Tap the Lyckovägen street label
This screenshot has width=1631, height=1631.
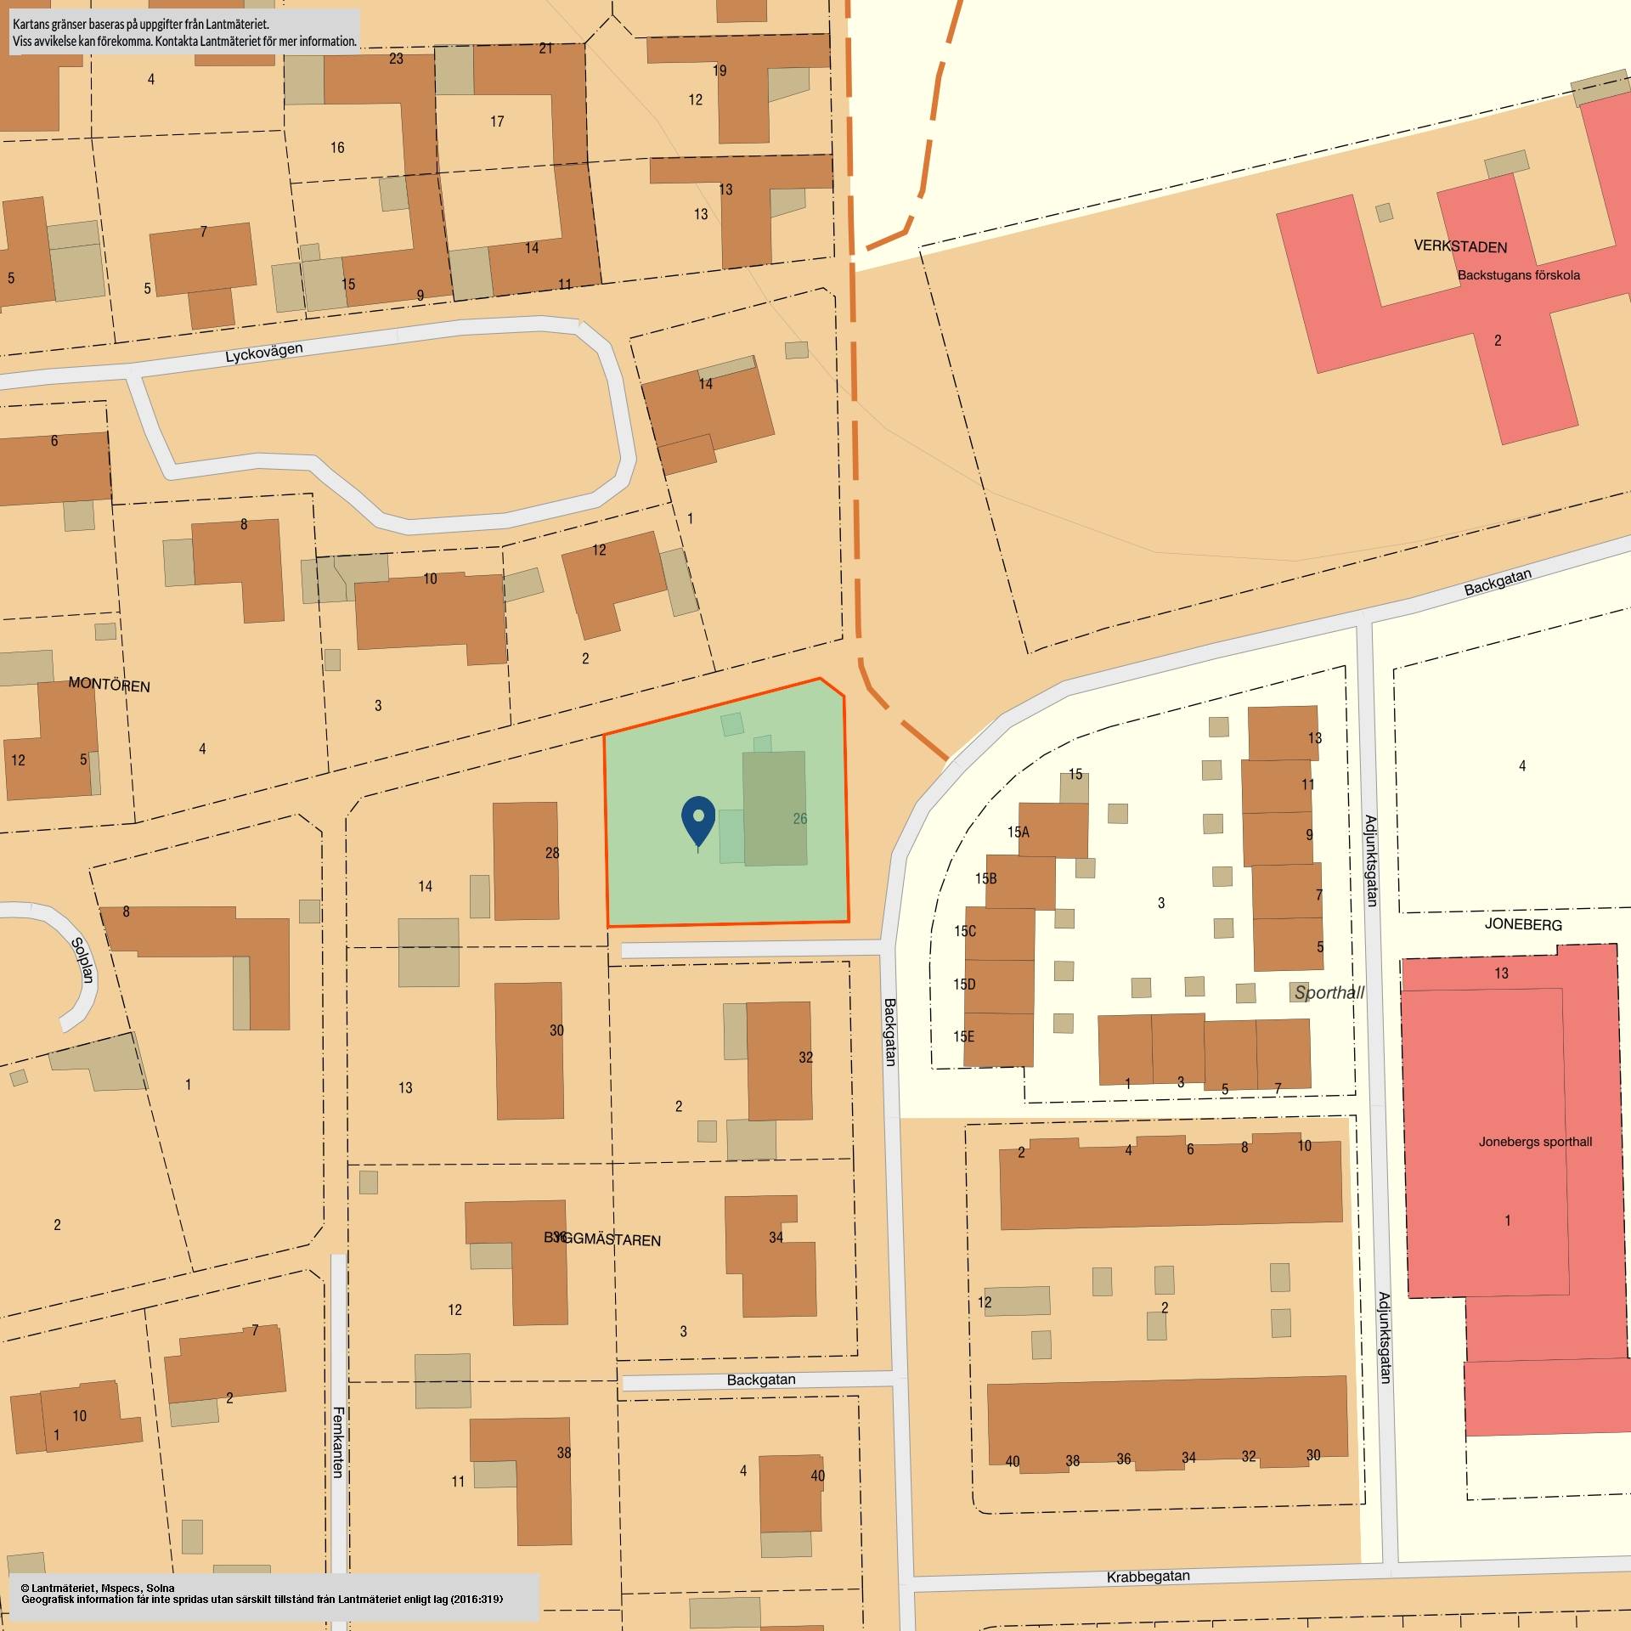(263, 353)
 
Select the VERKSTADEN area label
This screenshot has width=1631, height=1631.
(1460, 246)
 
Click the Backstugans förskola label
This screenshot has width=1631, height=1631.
(1519, 275)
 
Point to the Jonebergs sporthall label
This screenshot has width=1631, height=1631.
(1535, 1142)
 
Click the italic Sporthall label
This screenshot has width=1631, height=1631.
(1329, 992)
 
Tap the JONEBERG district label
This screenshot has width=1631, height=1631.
(1523, 924)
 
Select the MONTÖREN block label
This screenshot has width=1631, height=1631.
(109, 685)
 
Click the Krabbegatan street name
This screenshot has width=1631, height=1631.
(1148, 1577)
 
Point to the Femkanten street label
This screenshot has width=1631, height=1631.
(338, 1442)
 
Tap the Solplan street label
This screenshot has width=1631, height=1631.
(81, 960)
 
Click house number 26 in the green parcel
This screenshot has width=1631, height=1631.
(799, 819)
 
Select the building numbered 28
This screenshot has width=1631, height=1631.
(527, 860)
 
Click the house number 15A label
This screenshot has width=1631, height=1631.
(1018, 832)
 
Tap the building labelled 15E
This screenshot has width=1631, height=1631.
(999, 1038)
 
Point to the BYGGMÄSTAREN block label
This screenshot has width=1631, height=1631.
(602, 1239)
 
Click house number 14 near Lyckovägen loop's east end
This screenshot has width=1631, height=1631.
(706, 384)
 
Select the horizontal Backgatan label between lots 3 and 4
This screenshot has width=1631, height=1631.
(761, 1380)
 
